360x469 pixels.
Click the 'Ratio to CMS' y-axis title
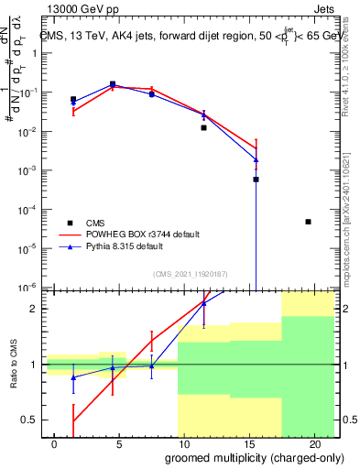coord(14,365)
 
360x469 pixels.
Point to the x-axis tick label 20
coord(314,443)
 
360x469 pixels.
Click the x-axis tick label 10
coord(184,443)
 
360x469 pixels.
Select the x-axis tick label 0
coord(55,443)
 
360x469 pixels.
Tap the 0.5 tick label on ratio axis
coord(27,420)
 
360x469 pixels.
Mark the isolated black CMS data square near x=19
coord(308,222)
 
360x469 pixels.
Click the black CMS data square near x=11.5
coord(204,128)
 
